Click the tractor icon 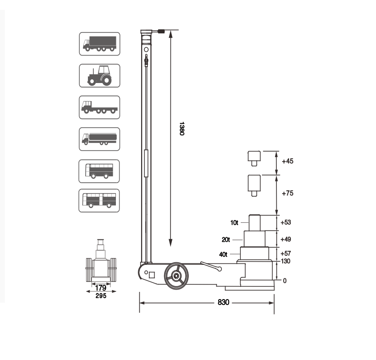click(x=100, y=76)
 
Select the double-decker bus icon click(x=99, y=171)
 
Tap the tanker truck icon click(x=99, y=139)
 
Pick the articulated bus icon click(x=99, y=201)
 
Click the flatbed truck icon click(x=99, y=107)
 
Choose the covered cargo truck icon click(x=100, y=44)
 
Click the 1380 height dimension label click(x=182, y=129)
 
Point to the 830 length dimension click(x=224, y=302)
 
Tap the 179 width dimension click(x=101, y=287)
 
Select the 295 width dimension click(x=101, y=295)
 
